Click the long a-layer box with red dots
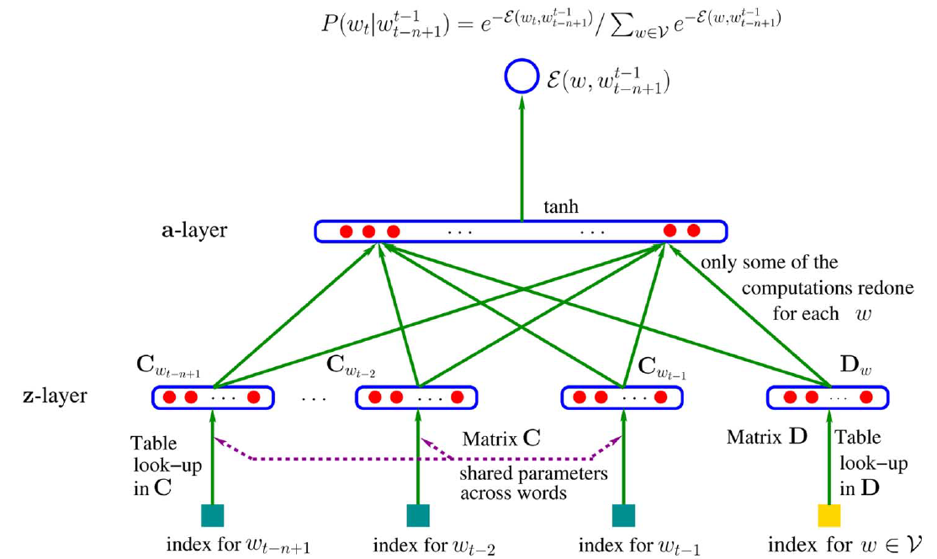pyautogui.click(x=521, y=231)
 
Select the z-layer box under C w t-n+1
pyautogui.click(x=213, y=397)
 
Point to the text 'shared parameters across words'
pyautogui.click(x=533, y=482)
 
